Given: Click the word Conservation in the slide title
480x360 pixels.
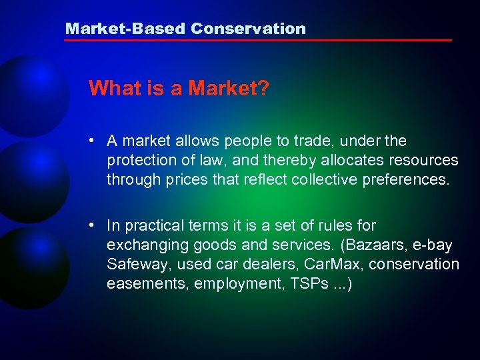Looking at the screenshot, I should (248, 29).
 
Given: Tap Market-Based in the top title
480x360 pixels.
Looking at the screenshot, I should (125, 29).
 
